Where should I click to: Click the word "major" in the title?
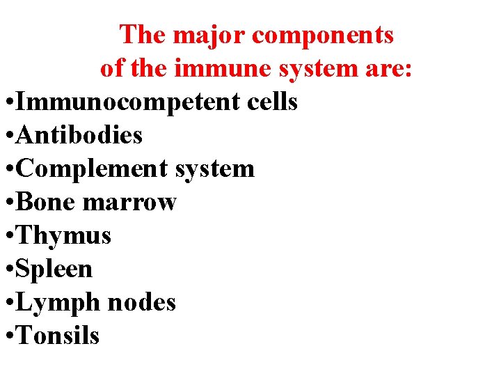[205, 35]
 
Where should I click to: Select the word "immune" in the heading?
[208, 68]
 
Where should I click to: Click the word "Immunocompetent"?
[128, 102]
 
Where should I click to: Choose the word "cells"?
[272, 102]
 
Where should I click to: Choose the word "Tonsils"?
[58, 336]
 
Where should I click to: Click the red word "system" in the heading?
[306, 70]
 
